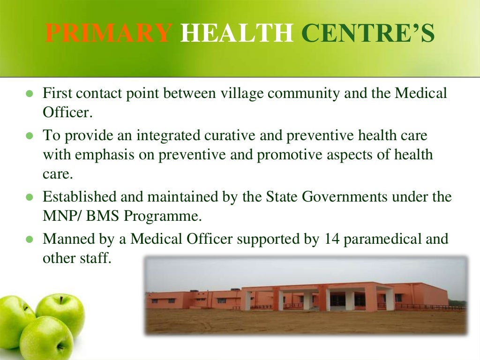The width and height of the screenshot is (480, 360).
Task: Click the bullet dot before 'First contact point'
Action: tap(29, 94)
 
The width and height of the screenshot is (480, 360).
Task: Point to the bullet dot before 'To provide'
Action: tap(29, 136)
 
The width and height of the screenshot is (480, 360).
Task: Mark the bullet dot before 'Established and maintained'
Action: tap(29, 197)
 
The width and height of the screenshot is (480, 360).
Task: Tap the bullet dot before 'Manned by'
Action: tap(29, 240)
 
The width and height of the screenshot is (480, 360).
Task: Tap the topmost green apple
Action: tap(60, 309)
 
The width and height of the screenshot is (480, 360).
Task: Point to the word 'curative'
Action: tap(252, 135)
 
